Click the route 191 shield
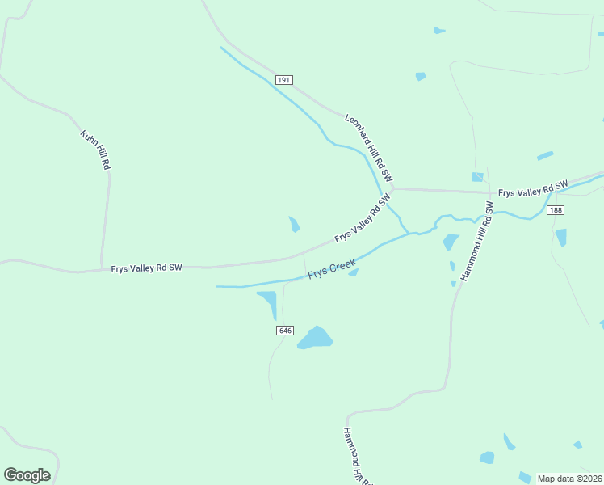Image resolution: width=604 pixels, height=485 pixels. click(x=283, y=80)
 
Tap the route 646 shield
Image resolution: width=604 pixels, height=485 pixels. click(x=284, y=331)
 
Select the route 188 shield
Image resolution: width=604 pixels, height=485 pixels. click(x=555, y=210)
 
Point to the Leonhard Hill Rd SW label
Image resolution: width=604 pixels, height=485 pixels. click(x=368, y=146)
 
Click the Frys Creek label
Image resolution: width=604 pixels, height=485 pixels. click(x=332, y=268)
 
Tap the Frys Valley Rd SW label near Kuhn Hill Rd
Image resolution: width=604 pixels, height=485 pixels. click(x=146, y=268)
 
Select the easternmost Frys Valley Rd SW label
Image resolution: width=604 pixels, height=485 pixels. click(x=533, y=188)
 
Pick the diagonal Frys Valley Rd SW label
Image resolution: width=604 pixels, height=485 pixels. click(x=363, y=218)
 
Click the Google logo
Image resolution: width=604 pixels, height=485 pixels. click(x=27, y=475)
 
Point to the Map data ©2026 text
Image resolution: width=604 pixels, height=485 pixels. click(x=570, y=479)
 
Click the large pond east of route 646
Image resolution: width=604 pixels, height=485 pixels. click(x=316, y=338)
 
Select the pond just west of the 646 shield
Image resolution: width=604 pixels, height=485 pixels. click(x=268, y=303)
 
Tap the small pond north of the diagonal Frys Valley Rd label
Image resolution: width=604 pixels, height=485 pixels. click(x=295, y=224)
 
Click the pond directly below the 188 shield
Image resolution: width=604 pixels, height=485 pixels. click(x=560, y=237)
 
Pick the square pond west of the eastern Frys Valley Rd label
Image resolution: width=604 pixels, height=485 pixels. click(x=477, y=177)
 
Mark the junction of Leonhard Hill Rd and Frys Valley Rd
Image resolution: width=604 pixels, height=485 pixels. click(x=392, y=188)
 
